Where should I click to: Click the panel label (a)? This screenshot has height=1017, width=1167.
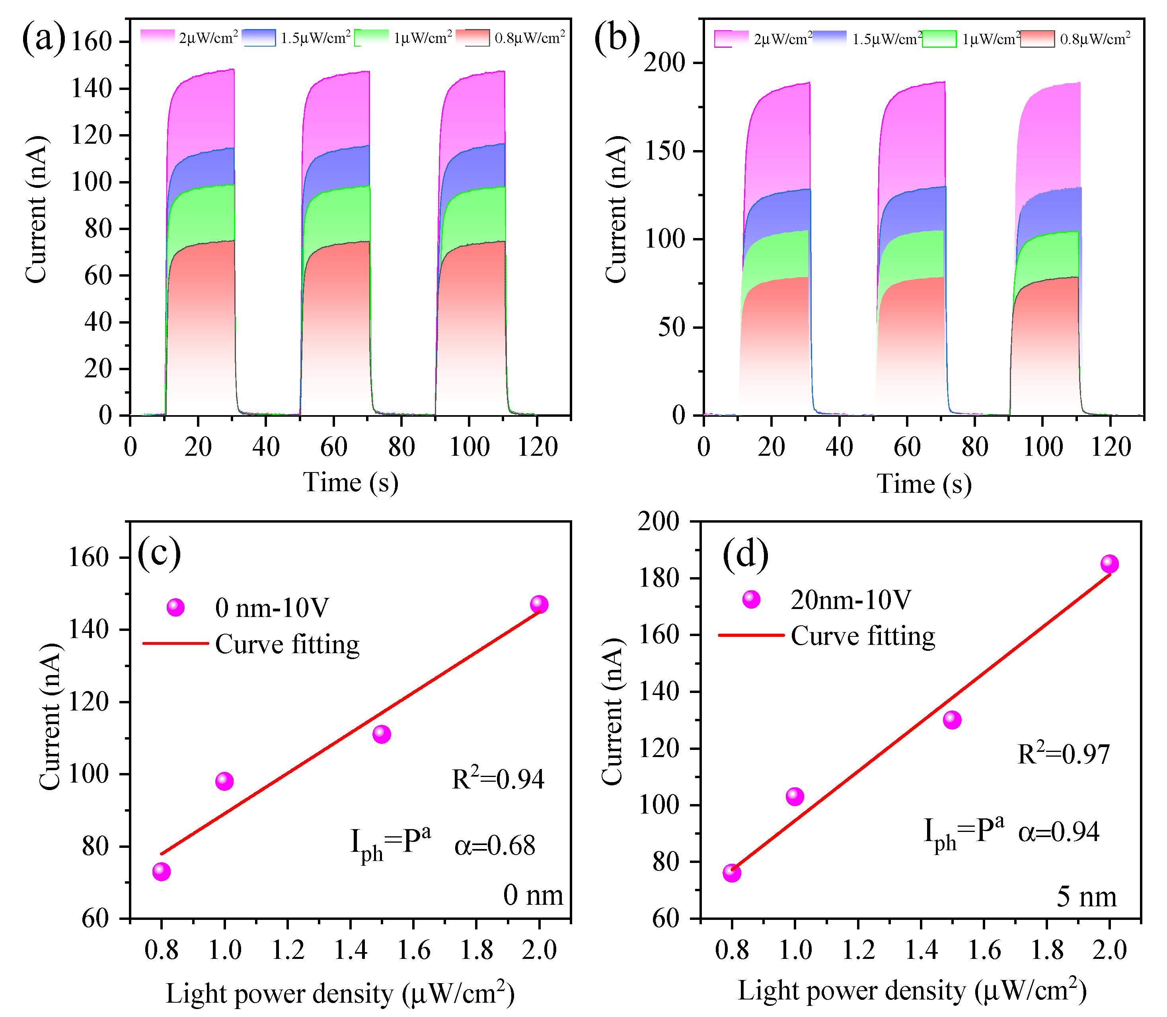pyautogui.click(x=44, y=40)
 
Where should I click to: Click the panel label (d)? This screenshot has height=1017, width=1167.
pyautogui.click(x=745, y=554)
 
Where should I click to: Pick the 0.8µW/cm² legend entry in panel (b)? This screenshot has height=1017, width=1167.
pyautogui.click(x=1075, y=39)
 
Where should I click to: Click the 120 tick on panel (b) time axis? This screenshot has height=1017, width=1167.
pyautogui.click(x=1110, y=447)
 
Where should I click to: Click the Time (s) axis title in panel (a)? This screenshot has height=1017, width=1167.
pyautogui.click(x=351, y=482)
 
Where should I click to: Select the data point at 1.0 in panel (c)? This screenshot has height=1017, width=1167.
pyautogui.click(x=224, y=781)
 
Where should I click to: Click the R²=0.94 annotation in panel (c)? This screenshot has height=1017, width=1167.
pyautogui.click(x=497, y=779)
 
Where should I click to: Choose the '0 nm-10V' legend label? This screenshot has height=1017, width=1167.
pyautogui.click(x=272, y=608)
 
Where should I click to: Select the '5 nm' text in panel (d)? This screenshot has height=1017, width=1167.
pyautogui.click(x=1086, y=897)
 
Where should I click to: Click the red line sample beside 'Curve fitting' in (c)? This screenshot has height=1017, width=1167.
pyautogui.click(x=175, y=644)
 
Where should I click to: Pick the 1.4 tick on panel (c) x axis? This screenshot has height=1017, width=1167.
pyautogui.click(x=351, y=950)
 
